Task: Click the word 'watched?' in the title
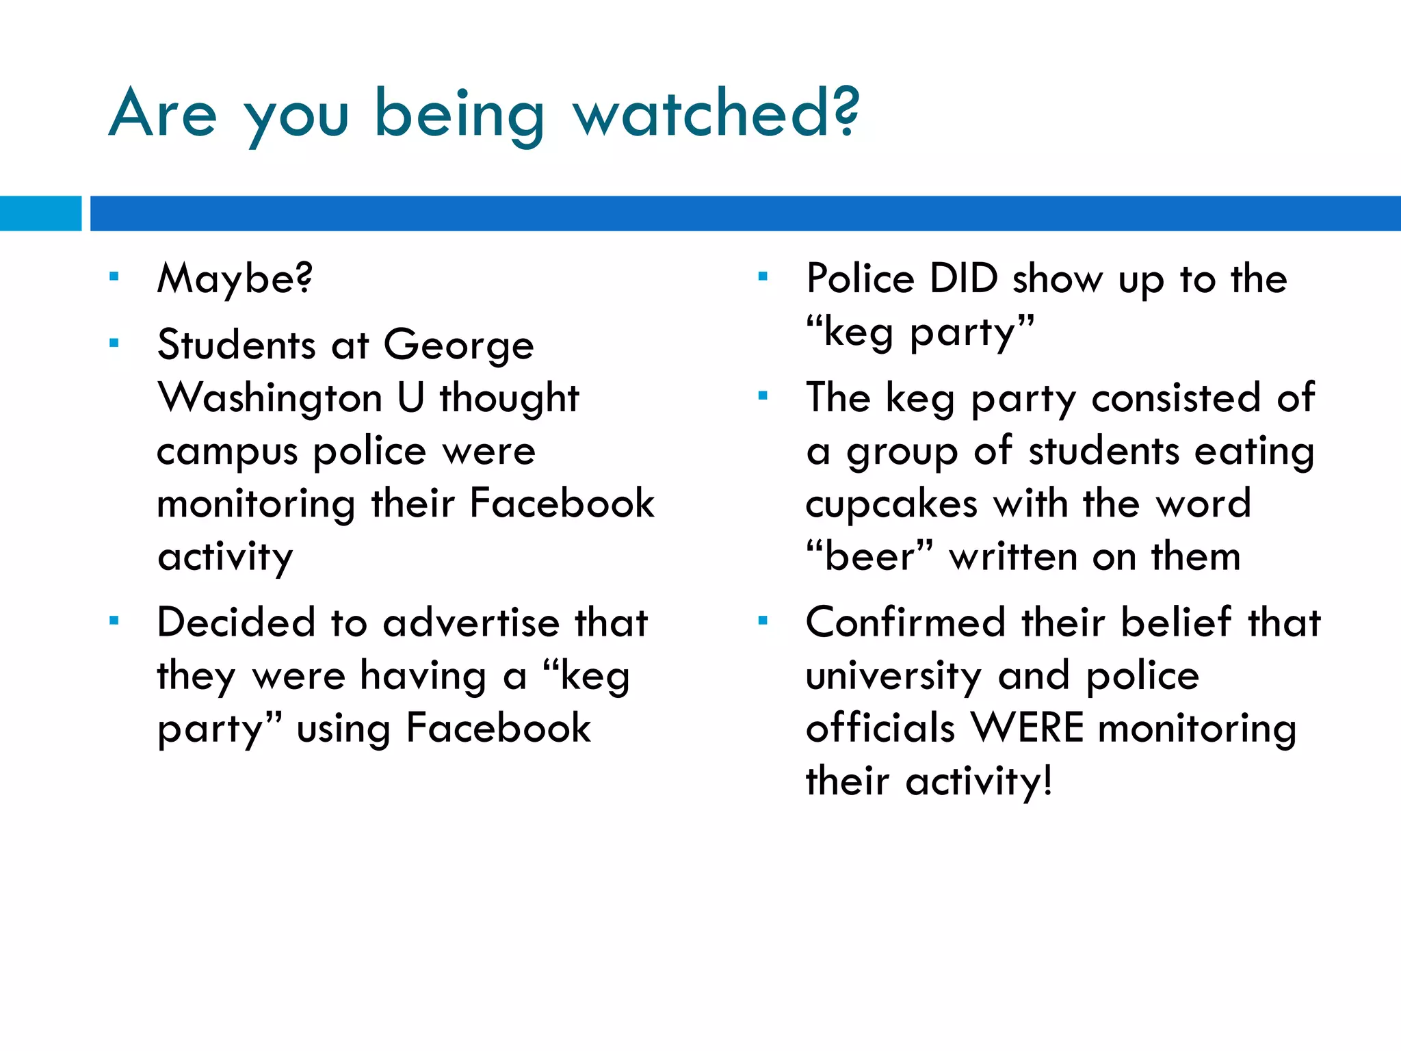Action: coord(716,113)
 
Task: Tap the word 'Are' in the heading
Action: coord(163,113)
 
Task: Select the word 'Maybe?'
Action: coord(235,278)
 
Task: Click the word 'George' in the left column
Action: coord(458,346)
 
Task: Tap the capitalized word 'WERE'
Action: coord(1027,727)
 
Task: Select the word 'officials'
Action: coord(880,727)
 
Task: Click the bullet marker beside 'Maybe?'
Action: coord(114,277)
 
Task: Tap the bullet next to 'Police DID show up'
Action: coord(763,277)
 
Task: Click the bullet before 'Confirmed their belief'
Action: coord(763,621)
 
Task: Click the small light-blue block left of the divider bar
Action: coord(40,213)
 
